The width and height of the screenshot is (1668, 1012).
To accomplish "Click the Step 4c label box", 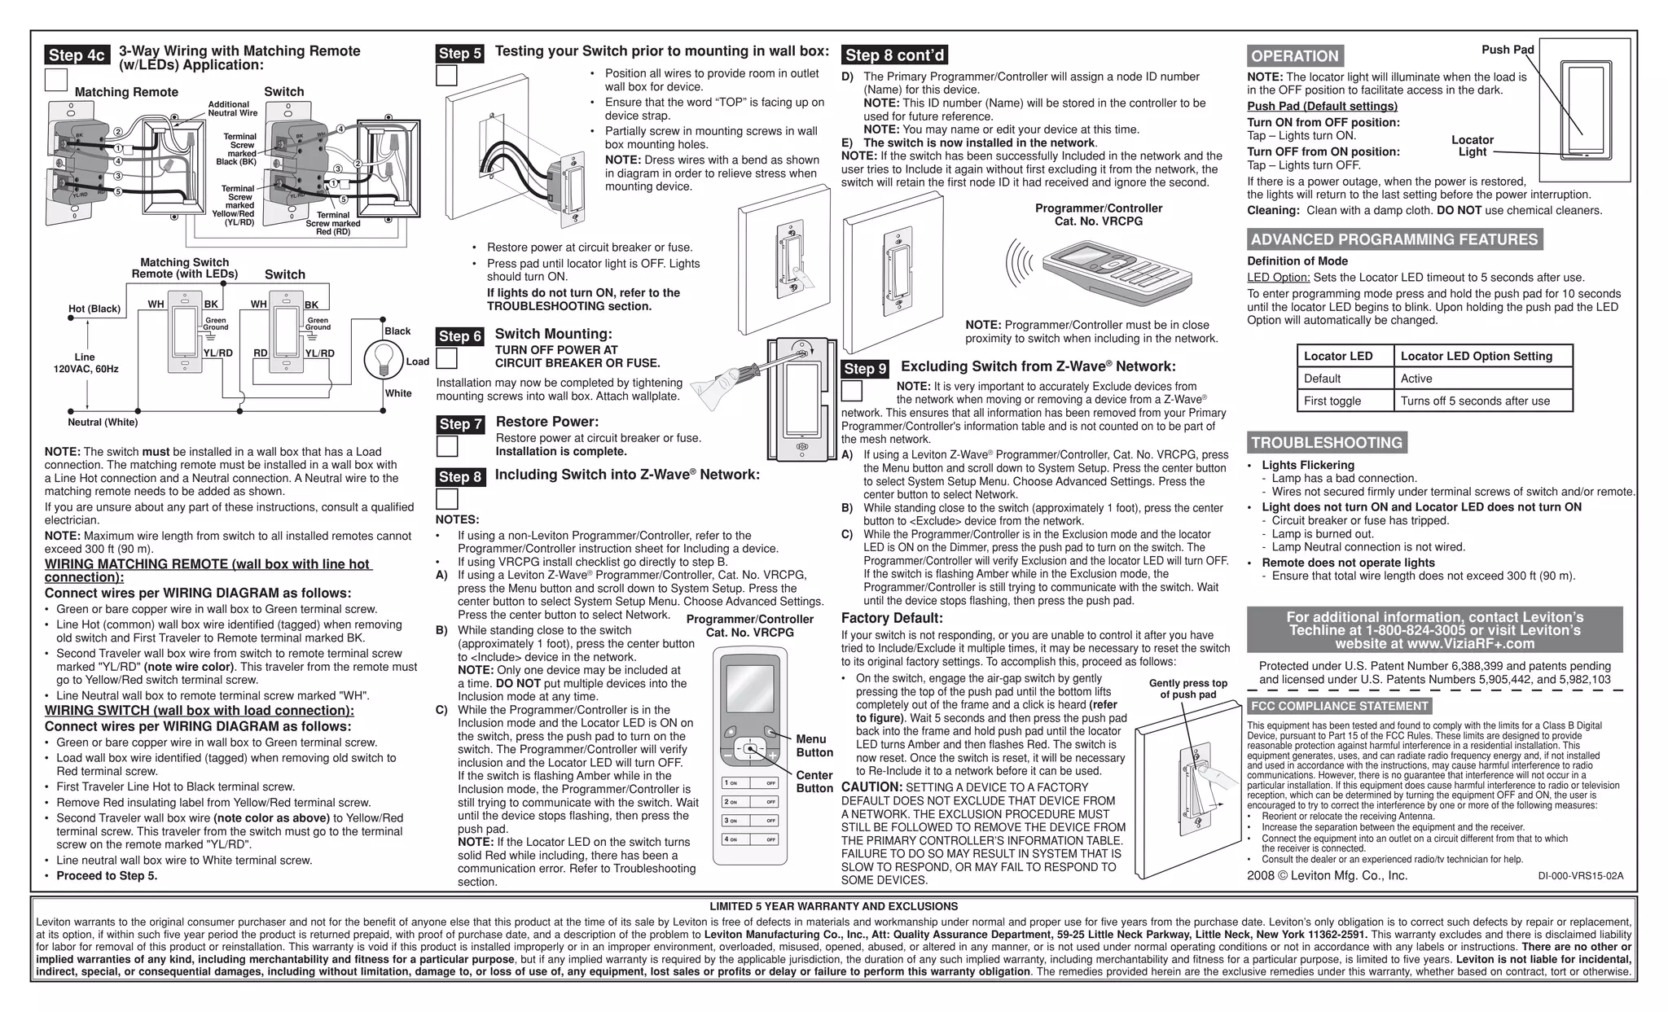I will tap(77, 55).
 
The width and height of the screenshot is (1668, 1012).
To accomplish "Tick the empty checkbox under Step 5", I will tap(446, 76).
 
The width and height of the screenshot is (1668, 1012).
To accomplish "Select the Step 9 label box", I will tap(865, 369).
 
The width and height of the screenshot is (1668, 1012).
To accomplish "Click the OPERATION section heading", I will tap(1294, 56).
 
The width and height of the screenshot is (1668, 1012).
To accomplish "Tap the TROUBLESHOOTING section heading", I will tap(1327, 443).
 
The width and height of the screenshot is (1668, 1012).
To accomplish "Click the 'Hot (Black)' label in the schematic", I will tap(94, 309).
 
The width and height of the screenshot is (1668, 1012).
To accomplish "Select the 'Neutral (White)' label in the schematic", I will tap(103, 422).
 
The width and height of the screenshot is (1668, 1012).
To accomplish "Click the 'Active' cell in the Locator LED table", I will tap(1416, 379).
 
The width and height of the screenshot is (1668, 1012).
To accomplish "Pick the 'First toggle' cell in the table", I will tap(1332, 401).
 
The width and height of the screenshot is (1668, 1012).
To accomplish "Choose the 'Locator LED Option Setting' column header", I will tap(1476, 356).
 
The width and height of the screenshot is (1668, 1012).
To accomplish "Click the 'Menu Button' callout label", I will tap(814, 746).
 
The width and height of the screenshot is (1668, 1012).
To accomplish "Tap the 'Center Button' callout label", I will tap(814, 782).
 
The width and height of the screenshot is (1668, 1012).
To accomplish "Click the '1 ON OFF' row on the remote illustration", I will tap(749, 783).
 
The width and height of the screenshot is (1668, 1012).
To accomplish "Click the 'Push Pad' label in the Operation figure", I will tap(1508, 50).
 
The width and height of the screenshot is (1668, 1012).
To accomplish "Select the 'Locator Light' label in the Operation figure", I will tap(1472, 146).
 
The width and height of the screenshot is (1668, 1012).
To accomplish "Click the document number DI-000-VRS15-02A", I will tap(1580, 876).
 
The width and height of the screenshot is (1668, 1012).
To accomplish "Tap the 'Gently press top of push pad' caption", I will tap(1187, 689).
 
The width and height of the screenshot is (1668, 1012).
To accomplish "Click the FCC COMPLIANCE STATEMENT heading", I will tap(1339, 706).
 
